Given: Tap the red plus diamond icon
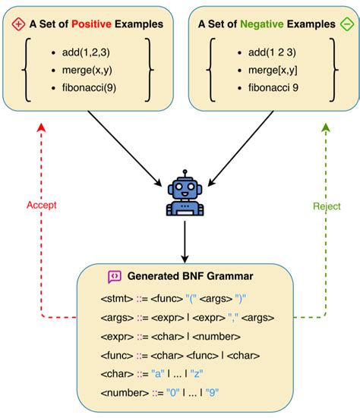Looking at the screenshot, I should (x=19, y=24).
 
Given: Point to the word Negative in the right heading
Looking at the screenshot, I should (x=261, y=24).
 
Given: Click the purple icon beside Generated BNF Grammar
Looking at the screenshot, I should (x=115, y=277).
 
